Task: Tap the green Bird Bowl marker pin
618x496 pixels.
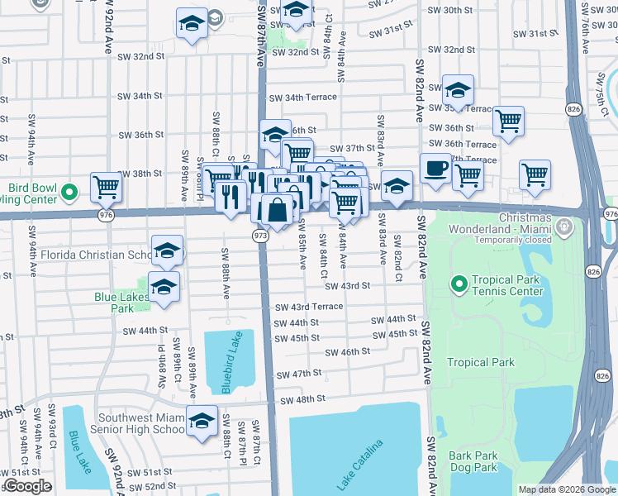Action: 70,193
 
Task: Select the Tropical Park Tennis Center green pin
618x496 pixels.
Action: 459,285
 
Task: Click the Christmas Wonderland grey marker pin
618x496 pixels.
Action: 565,226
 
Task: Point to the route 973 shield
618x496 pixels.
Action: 259,236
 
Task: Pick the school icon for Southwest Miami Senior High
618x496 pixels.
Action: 202,421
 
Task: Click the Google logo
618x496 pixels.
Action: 27,486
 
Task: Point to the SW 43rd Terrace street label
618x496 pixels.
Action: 309,307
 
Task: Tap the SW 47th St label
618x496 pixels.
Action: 298,374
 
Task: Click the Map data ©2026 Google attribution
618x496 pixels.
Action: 566,489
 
